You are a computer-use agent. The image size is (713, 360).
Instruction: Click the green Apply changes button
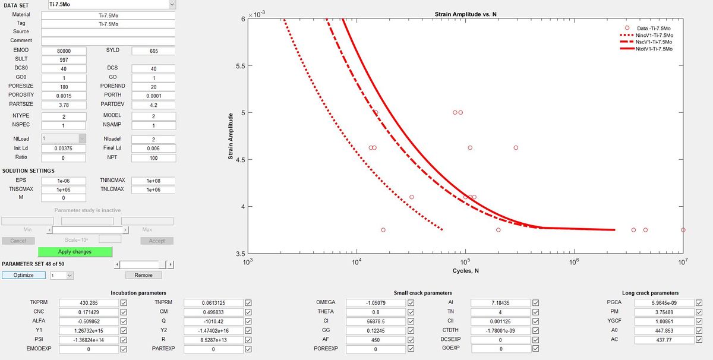75,251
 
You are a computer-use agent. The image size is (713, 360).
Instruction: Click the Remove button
143,275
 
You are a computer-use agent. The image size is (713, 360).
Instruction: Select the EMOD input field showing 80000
64,50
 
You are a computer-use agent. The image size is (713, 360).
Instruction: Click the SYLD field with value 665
153,50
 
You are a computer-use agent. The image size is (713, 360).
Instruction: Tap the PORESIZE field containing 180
64,86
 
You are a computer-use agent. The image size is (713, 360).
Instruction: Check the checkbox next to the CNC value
124,312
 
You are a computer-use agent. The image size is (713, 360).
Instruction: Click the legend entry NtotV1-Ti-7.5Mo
654,49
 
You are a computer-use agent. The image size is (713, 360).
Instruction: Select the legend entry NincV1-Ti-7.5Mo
654,35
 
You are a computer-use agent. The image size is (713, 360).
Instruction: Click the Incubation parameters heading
138,293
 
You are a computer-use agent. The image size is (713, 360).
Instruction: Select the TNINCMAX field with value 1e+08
153,181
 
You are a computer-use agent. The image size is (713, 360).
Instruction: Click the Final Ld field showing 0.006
153,148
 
